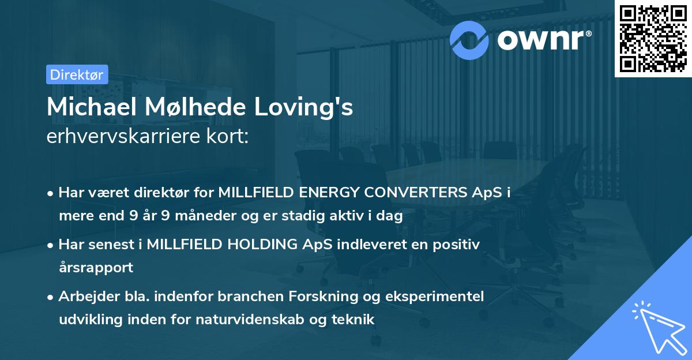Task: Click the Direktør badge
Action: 77,74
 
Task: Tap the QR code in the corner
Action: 653,38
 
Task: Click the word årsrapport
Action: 96,268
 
